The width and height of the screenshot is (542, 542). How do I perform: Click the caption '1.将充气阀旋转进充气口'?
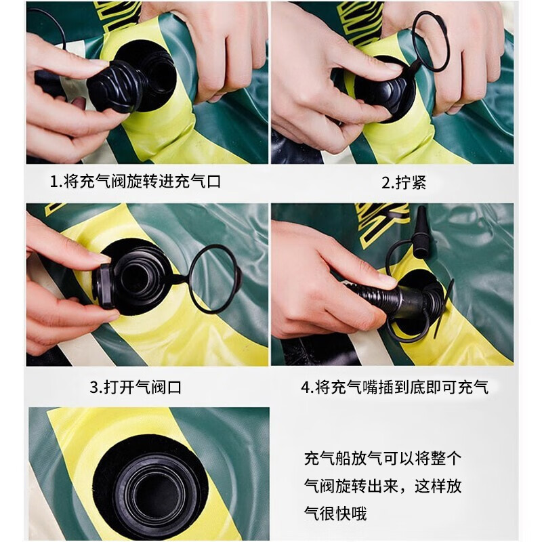click(x=135, y=182)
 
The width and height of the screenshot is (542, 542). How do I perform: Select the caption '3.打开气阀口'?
click(x=135, y=388)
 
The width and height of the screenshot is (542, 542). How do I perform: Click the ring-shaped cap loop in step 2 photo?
click(x=430, y=41)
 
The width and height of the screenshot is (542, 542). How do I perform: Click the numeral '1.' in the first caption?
click(x=56, y=182)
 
